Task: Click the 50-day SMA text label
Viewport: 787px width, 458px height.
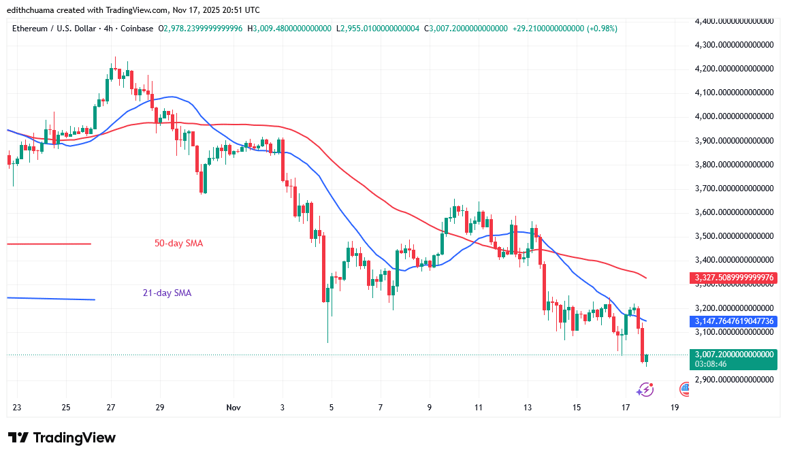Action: (178, 244)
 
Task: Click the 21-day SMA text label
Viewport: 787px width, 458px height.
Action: (167, 293)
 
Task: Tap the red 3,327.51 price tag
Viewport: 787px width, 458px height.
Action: (733, 278)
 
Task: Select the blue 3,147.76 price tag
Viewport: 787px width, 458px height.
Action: (733, 321)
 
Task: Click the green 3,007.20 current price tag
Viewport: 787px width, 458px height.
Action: (733, 355)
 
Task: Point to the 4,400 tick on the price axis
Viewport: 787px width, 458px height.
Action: (733, 21)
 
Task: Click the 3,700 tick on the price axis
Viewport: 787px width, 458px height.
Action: (733, 189)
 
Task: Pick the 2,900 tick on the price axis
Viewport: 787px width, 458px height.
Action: (733, 380)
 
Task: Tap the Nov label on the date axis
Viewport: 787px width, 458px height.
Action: (234, 408)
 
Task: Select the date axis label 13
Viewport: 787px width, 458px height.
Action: (528, 408)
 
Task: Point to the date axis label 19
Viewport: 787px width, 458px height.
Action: (675, 408)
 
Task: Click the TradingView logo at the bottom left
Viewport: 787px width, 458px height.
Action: (62, 438)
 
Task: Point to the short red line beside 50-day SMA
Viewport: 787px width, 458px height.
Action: (48, 244)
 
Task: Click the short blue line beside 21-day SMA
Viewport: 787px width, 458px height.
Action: (50, 298)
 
